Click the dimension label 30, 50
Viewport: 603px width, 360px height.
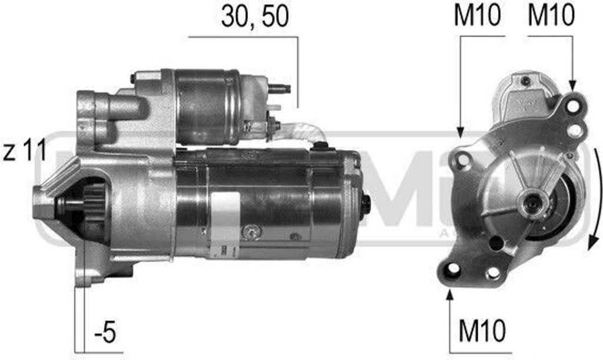pos(255,18)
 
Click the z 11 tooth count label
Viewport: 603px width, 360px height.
pos(24,153)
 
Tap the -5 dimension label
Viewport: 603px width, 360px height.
pos(104,333)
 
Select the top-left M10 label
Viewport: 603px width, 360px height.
pos(477,16)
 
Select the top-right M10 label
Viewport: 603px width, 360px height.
pos(551,16)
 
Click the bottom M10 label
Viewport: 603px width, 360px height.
pos(482,332)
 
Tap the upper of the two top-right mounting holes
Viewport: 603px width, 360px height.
pos(575,107)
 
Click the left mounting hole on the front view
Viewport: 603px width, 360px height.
pos(463,158)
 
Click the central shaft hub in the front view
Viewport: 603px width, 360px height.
pos(534,203)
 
